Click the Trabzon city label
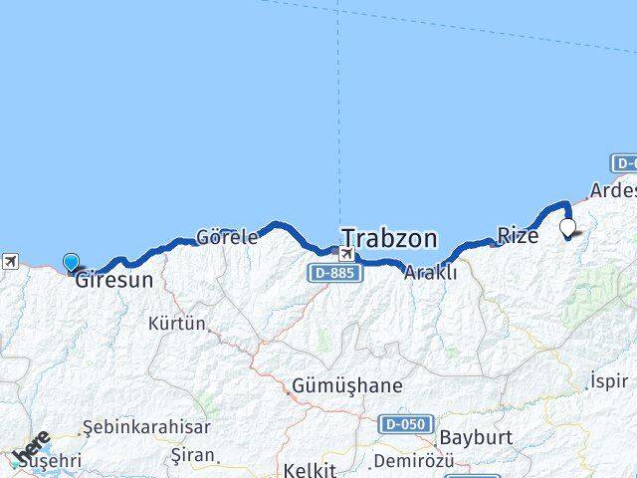point(389,238)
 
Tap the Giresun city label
point(114,280)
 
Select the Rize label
point(518,236)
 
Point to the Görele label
point(227,237)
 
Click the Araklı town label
point(430,271)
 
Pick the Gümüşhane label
point(347,385)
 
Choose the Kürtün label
point(176,324)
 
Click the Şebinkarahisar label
point(146,427)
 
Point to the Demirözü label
point(412,461)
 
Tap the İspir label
point(609,380)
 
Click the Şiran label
point(193,455)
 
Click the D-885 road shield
point(331,272)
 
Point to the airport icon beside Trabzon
point(345,253)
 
